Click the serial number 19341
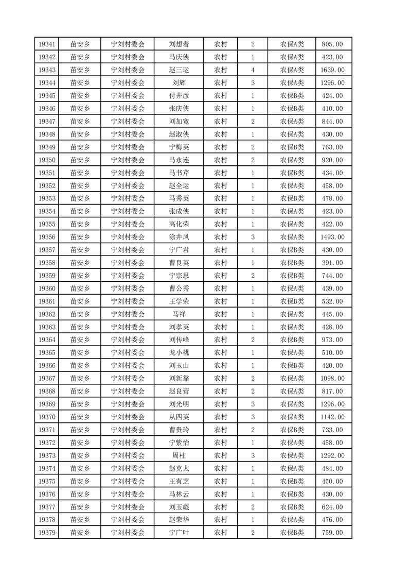[47, 44]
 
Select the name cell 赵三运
[179, 70]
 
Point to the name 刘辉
[179, 83]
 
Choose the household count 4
[253, 70]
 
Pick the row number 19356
[47, 237]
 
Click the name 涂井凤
[179, 237]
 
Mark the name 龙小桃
[179, 353]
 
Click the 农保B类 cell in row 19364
[292, 340]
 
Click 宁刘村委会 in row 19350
[128, 160]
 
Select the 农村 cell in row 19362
[221, 314]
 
